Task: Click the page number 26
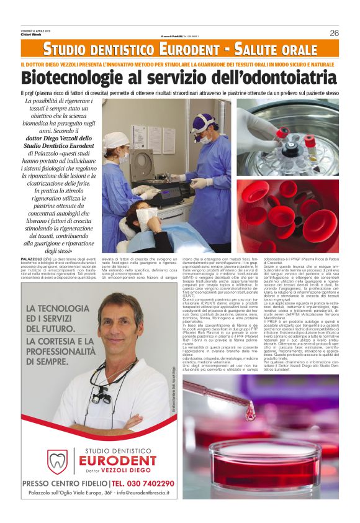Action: pyautogui.click(x=334, y=33)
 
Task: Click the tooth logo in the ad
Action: pyautogui.click(x=58, y=460)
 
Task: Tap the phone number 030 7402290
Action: pyautogui.click(x=145, y=483)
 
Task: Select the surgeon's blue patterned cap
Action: pyautogui.click(x=203, y=119)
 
